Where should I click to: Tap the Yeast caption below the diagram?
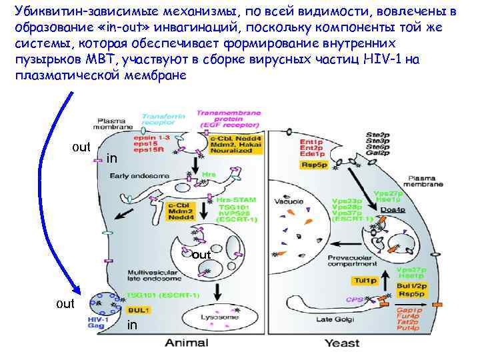point(342,343)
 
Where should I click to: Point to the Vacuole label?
point(291,201)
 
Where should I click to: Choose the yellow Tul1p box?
point(365,281)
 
